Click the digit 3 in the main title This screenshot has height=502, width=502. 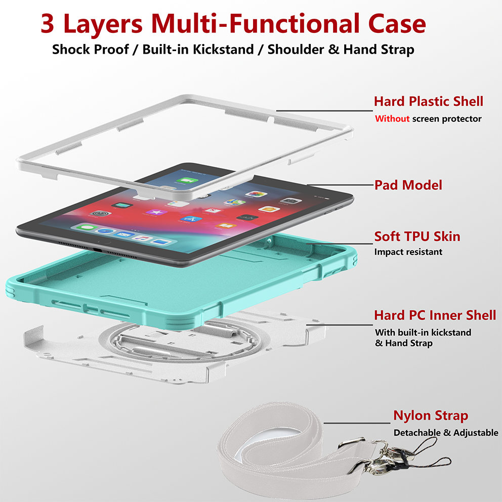(x=48, y=24)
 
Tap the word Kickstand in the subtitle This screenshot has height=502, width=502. (x=223, y=49)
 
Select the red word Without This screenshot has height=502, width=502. (x=392, y=119)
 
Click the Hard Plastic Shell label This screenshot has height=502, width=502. (x=428, y=102)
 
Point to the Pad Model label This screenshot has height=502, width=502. (x=408, y=185)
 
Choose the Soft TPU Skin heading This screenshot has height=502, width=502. (x=417, y=237)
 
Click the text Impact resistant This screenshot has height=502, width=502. (x=408, y=252)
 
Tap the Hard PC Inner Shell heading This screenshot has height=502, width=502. (x=435, y=315)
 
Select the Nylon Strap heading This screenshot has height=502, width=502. (x=431, y=415)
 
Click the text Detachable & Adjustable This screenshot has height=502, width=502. (x=446, y=433)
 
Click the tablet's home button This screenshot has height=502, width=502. (x=100, y=241)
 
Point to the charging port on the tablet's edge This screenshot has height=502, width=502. (x=98, y=249)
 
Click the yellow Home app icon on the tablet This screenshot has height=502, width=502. (x=269, y=209)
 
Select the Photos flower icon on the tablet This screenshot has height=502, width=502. (x=256, y=194)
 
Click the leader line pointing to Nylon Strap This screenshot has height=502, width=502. (x=357, y=423)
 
